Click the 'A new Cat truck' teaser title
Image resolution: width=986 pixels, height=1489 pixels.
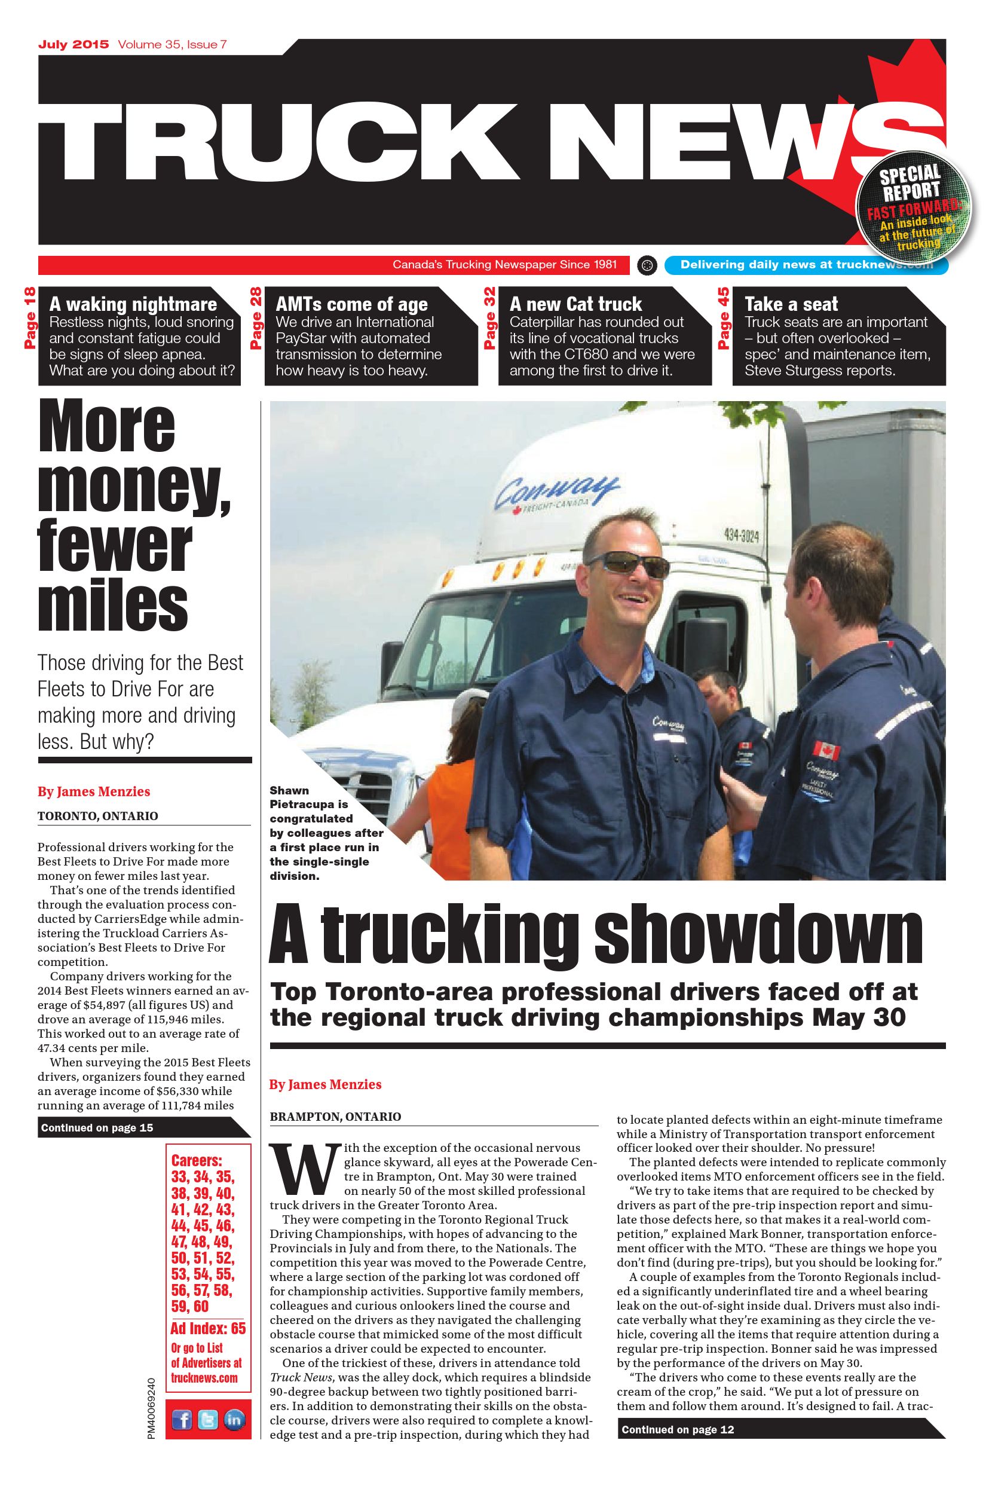tap(575, 304)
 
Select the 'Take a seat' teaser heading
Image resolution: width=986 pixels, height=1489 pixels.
tap(791, 304)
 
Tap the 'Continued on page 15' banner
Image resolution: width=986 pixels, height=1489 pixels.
tap(97, 1128)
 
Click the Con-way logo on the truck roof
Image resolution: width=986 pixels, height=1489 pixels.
tap(556, 493)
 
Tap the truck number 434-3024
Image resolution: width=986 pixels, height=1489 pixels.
tap(742, 536)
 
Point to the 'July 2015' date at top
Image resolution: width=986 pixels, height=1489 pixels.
tap(73, 45)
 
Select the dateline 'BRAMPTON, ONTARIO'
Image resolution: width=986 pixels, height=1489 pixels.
tap(335, 1117)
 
